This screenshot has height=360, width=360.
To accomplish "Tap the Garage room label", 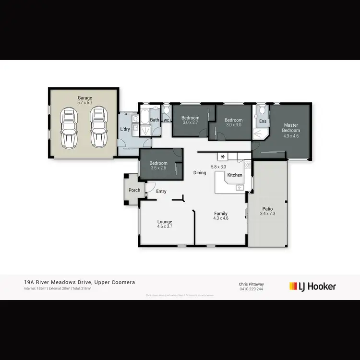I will click(x=85, y=98).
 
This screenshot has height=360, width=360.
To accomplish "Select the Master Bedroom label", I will click(x=291, y=128).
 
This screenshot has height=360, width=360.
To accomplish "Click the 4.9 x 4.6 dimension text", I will click(x=291, y=136).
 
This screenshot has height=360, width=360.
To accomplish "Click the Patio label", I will click(x=267, y=209).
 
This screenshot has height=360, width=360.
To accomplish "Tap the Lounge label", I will click(x=165, y=222).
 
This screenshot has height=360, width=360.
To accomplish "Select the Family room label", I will click(x=221, y=214).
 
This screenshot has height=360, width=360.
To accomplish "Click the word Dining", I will click(x=200, y=173).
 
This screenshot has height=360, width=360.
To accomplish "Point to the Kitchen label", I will click(x=235, y=175).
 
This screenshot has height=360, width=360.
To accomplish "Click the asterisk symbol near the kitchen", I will click(x=223, y=156).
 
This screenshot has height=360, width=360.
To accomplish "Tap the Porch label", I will click(x=134, y=191).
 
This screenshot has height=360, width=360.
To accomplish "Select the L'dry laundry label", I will click(x=124, y=130).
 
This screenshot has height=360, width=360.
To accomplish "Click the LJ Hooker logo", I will click(x=312, y=287).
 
